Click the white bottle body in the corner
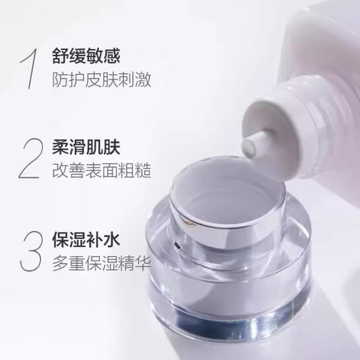click(332, 42)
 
